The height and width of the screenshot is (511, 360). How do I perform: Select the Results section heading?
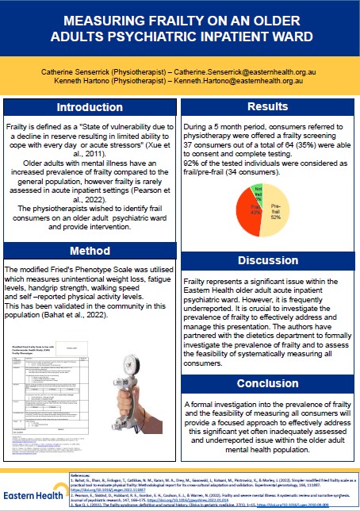pos(266,106)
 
